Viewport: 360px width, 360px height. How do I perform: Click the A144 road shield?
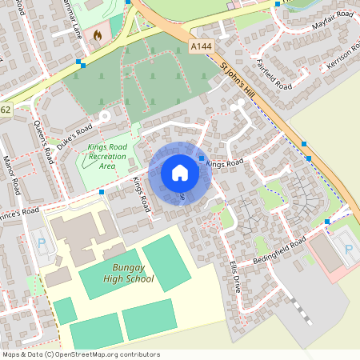coord(202,48)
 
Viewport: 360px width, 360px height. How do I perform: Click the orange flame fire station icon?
coord(98,35)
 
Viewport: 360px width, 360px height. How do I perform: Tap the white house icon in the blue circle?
coord(180,173)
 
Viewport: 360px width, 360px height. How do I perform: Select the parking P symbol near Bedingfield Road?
coord(348,250)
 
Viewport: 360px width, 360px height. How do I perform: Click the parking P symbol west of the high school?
coord(42,242)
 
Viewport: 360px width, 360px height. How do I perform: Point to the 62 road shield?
coord(5,109)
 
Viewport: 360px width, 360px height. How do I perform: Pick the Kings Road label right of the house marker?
coord(224,163)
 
